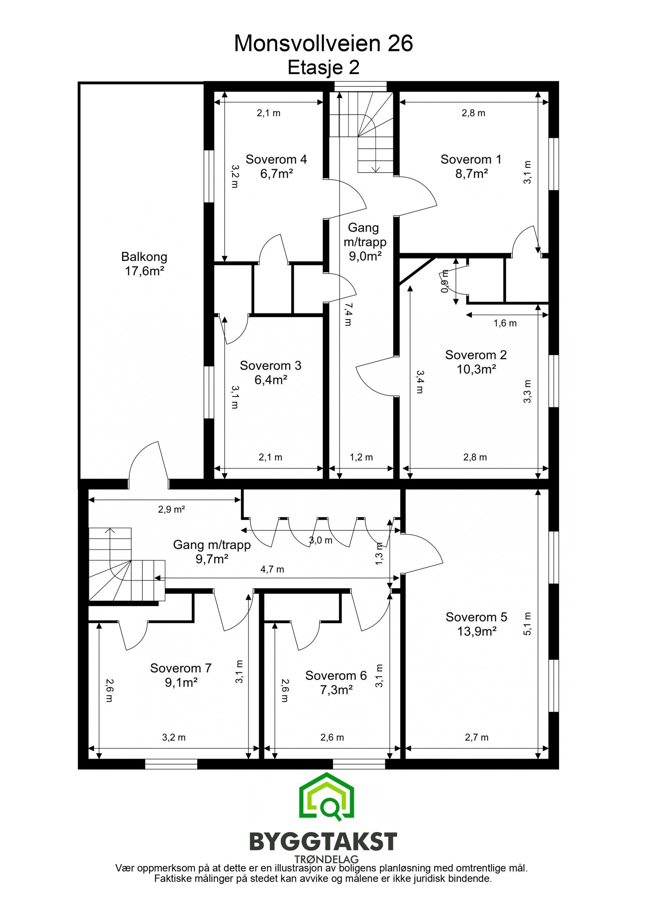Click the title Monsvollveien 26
(x=323, y=43)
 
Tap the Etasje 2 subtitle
(x=323, y=68)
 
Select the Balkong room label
(x=144, y=257)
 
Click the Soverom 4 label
(x=276, y=159)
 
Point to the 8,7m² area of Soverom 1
(x=471, y=174)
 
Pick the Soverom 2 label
(x=476, y=355)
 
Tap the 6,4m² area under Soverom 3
(x=271, y=380)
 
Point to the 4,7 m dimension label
(x=272, y=570)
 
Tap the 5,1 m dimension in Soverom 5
(x=527, y=623)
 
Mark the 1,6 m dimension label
(x=505, y=323)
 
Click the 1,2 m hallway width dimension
(x=361, y=457)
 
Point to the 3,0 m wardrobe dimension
(x=321, y=540)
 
